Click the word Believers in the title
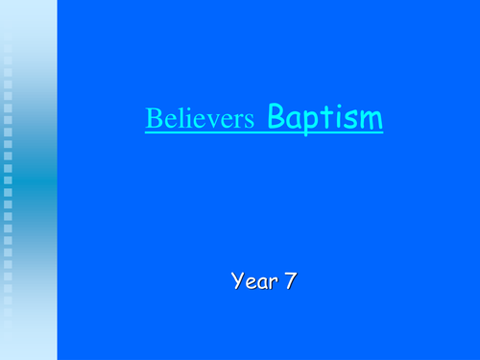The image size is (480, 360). point(201,120)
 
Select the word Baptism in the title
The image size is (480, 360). point(324,118)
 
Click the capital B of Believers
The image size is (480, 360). point(153,120)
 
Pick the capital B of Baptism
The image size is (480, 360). point(276,118)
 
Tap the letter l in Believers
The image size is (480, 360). point(174,120)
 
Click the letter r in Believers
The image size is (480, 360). point(238,122)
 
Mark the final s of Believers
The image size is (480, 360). point(250,122)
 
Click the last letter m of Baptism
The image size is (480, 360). point(371,121)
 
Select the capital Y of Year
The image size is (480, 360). point(236,281)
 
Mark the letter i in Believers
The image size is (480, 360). point(180,120)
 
